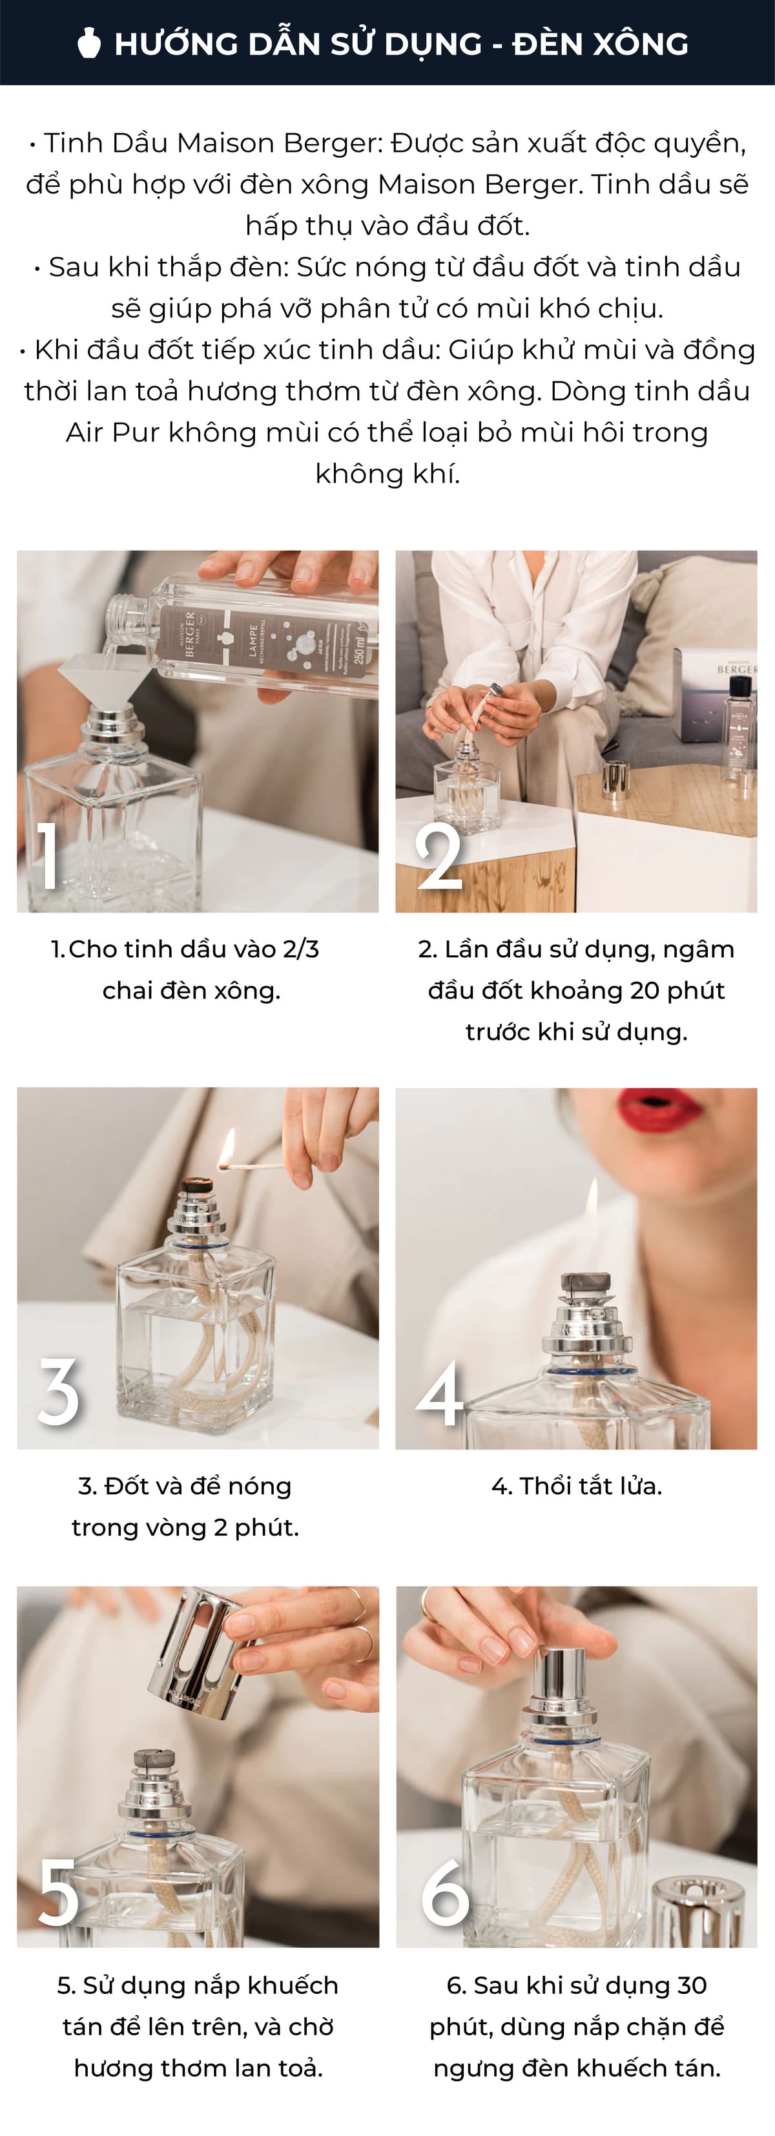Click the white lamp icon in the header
[88, 43]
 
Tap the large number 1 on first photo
[49, 855]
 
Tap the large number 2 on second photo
[439, 856]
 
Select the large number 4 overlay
[439, 1393]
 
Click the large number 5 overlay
[59, 1892]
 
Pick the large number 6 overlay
[445, 1892]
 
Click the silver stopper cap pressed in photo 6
[559, 1673]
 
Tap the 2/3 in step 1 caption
[300, 949]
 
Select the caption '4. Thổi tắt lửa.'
[576, 1486]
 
